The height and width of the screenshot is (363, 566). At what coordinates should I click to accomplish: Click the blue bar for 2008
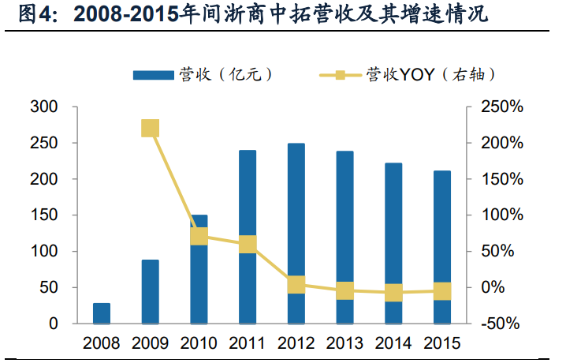102,313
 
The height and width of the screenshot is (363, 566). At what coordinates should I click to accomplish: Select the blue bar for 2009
150,291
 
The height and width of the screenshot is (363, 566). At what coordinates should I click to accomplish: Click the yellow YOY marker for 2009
150,129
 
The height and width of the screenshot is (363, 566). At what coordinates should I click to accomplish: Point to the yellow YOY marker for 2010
199,236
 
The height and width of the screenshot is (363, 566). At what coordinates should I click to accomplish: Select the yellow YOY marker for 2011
248,245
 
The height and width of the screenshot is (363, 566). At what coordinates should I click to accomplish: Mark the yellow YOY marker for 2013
345,290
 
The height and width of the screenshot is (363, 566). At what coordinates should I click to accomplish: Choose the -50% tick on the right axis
501,324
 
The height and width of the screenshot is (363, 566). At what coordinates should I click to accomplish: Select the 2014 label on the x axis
393,344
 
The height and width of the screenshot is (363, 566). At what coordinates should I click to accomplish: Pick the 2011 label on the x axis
248,344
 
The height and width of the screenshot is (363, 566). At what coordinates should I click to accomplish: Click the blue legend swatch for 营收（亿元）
153,75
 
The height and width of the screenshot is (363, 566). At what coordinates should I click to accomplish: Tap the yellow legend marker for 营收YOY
340,75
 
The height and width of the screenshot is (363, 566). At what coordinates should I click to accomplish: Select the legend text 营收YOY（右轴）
430,75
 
